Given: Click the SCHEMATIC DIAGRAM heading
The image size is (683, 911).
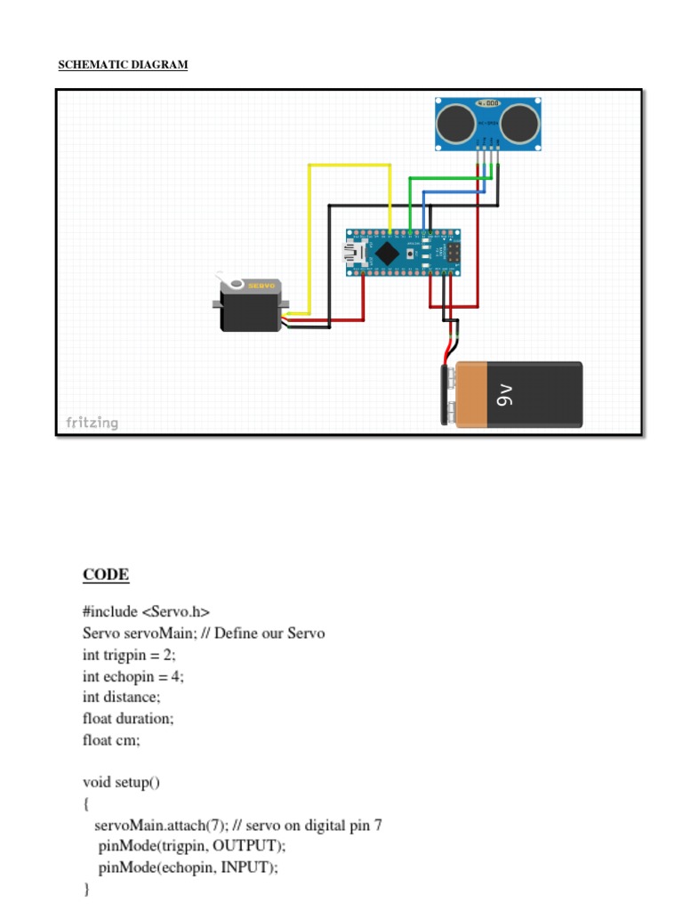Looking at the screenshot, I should click(x=123, y=65).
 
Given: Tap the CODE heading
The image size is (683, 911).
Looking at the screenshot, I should click(x=106, y=575).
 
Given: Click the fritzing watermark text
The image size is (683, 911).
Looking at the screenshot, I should click(x=92, y=423).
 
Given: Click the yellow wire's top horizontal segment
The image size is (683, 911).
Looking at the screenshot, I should click(x=350, y=165).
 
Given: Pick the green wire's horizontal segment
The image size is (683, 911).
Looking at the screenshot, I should click(x=449, y=178).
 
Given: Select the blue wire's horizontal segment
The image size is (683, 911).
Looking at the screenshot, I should click(x=455, y=191).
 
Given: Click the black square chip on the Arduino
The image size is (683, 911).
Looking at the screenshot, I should click(x=387, y=253).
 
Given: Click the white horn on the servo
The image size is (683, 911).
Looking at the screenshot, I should click(x=234, y=284).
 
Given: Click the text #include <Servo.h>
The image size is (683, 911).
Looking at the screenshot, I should click(x=146, y=612).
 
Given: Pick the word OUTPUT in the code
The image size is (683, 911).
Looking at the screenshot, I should click(x=248, y=845).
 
